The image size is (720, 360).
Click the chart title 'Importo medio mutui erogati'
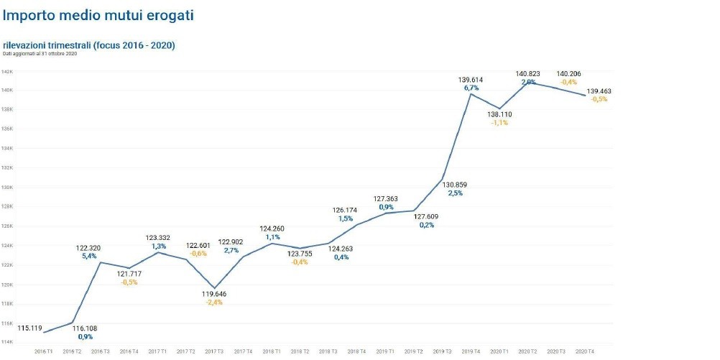(x=98, y=14)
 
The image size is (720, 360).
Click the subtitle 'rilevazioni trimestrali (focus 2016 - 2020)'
(x=89, y=45)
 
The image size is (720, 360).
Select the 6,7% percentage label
(x=471, y=88)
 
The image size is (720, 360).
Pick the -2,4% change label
(x=214, y=302)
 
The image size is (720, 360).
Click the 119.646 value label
(x=214, y=294)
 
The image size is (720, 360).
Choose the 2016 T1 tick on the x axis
(x=44, y=351)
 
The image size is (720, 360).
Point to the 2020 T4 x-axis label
(x=586, y=351)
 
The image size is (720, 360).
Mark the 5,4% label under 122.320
(x=88, y=257)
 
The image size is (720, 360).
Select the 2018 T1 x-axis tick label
(x=272, y=351)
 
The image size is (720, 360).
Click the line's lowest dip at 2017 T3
(x=214, y=288)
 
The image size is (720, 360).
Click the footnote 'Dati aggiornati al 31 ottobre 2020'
(x=40, y=54)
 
